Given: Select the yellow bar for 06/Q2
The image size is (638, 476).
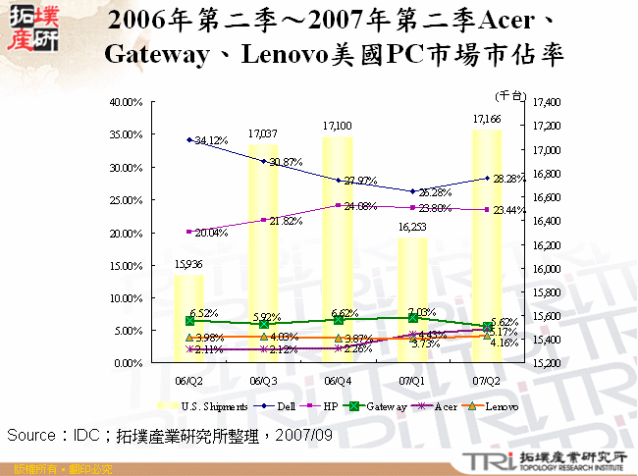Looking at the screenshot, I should click(188, 319).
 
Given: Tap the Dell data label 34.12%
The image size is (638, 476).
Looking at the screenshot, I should click(211, 141).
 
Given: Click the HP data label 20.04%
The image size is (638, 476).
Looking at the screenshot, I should click(211, 233).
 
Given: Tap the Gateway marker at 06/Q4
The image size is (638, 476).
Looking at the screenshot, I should click(338, 319).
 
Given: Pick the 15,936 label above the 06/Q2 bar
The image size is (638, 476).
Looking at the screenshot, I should click(189, 264).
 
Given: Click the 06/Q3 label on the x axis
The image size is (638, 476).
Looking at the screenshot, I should click(263, 380).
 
